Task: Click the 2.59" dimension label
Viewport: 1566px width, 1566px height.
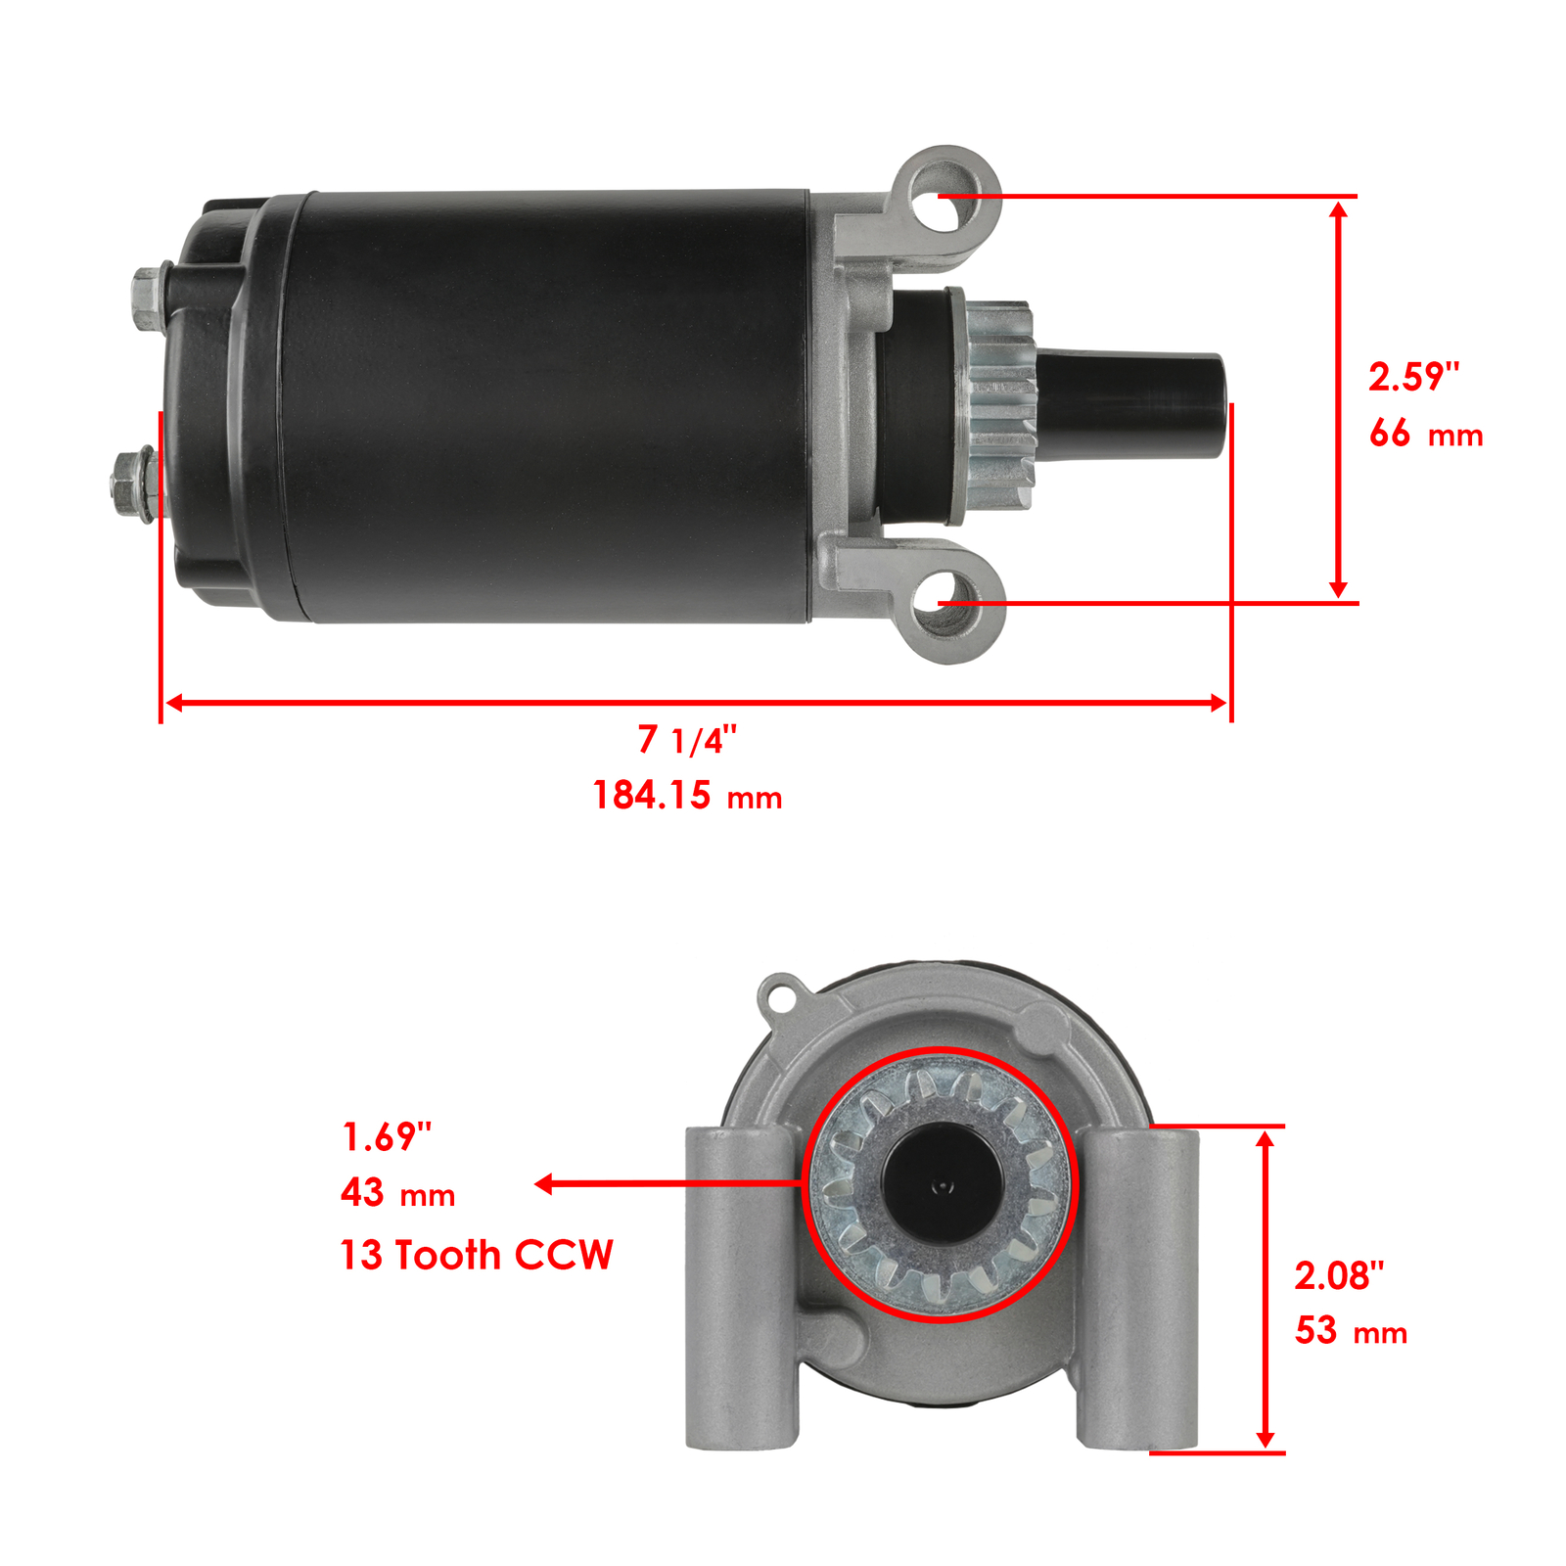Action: tap(1413, 377)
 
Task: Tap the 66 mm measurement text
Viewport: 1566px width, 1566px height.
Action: tap(1425, 433)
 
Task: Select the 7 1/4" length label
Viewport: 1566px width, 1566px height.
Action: tap(687, 740)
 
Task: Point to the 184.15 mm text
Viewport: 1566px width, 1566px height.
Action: tap(687, 795)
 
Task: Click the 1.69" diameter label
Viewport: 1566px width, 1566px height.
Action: tap(387, 1137)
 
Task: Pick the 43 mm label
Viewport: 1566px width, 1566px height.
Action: tap(397, 1193)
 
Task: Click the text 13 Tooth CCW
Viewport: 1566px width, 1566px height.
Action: tap(476, 1255)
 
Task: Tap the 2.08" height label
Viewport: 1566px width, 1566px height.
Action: tap(1339, 1275)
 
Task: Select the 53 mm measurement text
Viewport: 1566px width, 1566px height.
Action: tap(1351, 1331)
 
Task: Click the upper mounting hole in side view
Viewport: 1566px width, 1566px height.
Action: tap(940, 200)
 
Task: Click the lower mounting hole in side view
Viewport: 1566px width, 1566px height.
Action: tap(944, 603)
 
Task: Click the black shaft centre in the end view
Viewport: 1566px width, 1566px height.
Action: tap(941, 1185)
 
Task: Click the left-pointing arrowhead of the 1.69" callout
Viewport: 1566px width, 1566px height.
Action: tap(544, 1184)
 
